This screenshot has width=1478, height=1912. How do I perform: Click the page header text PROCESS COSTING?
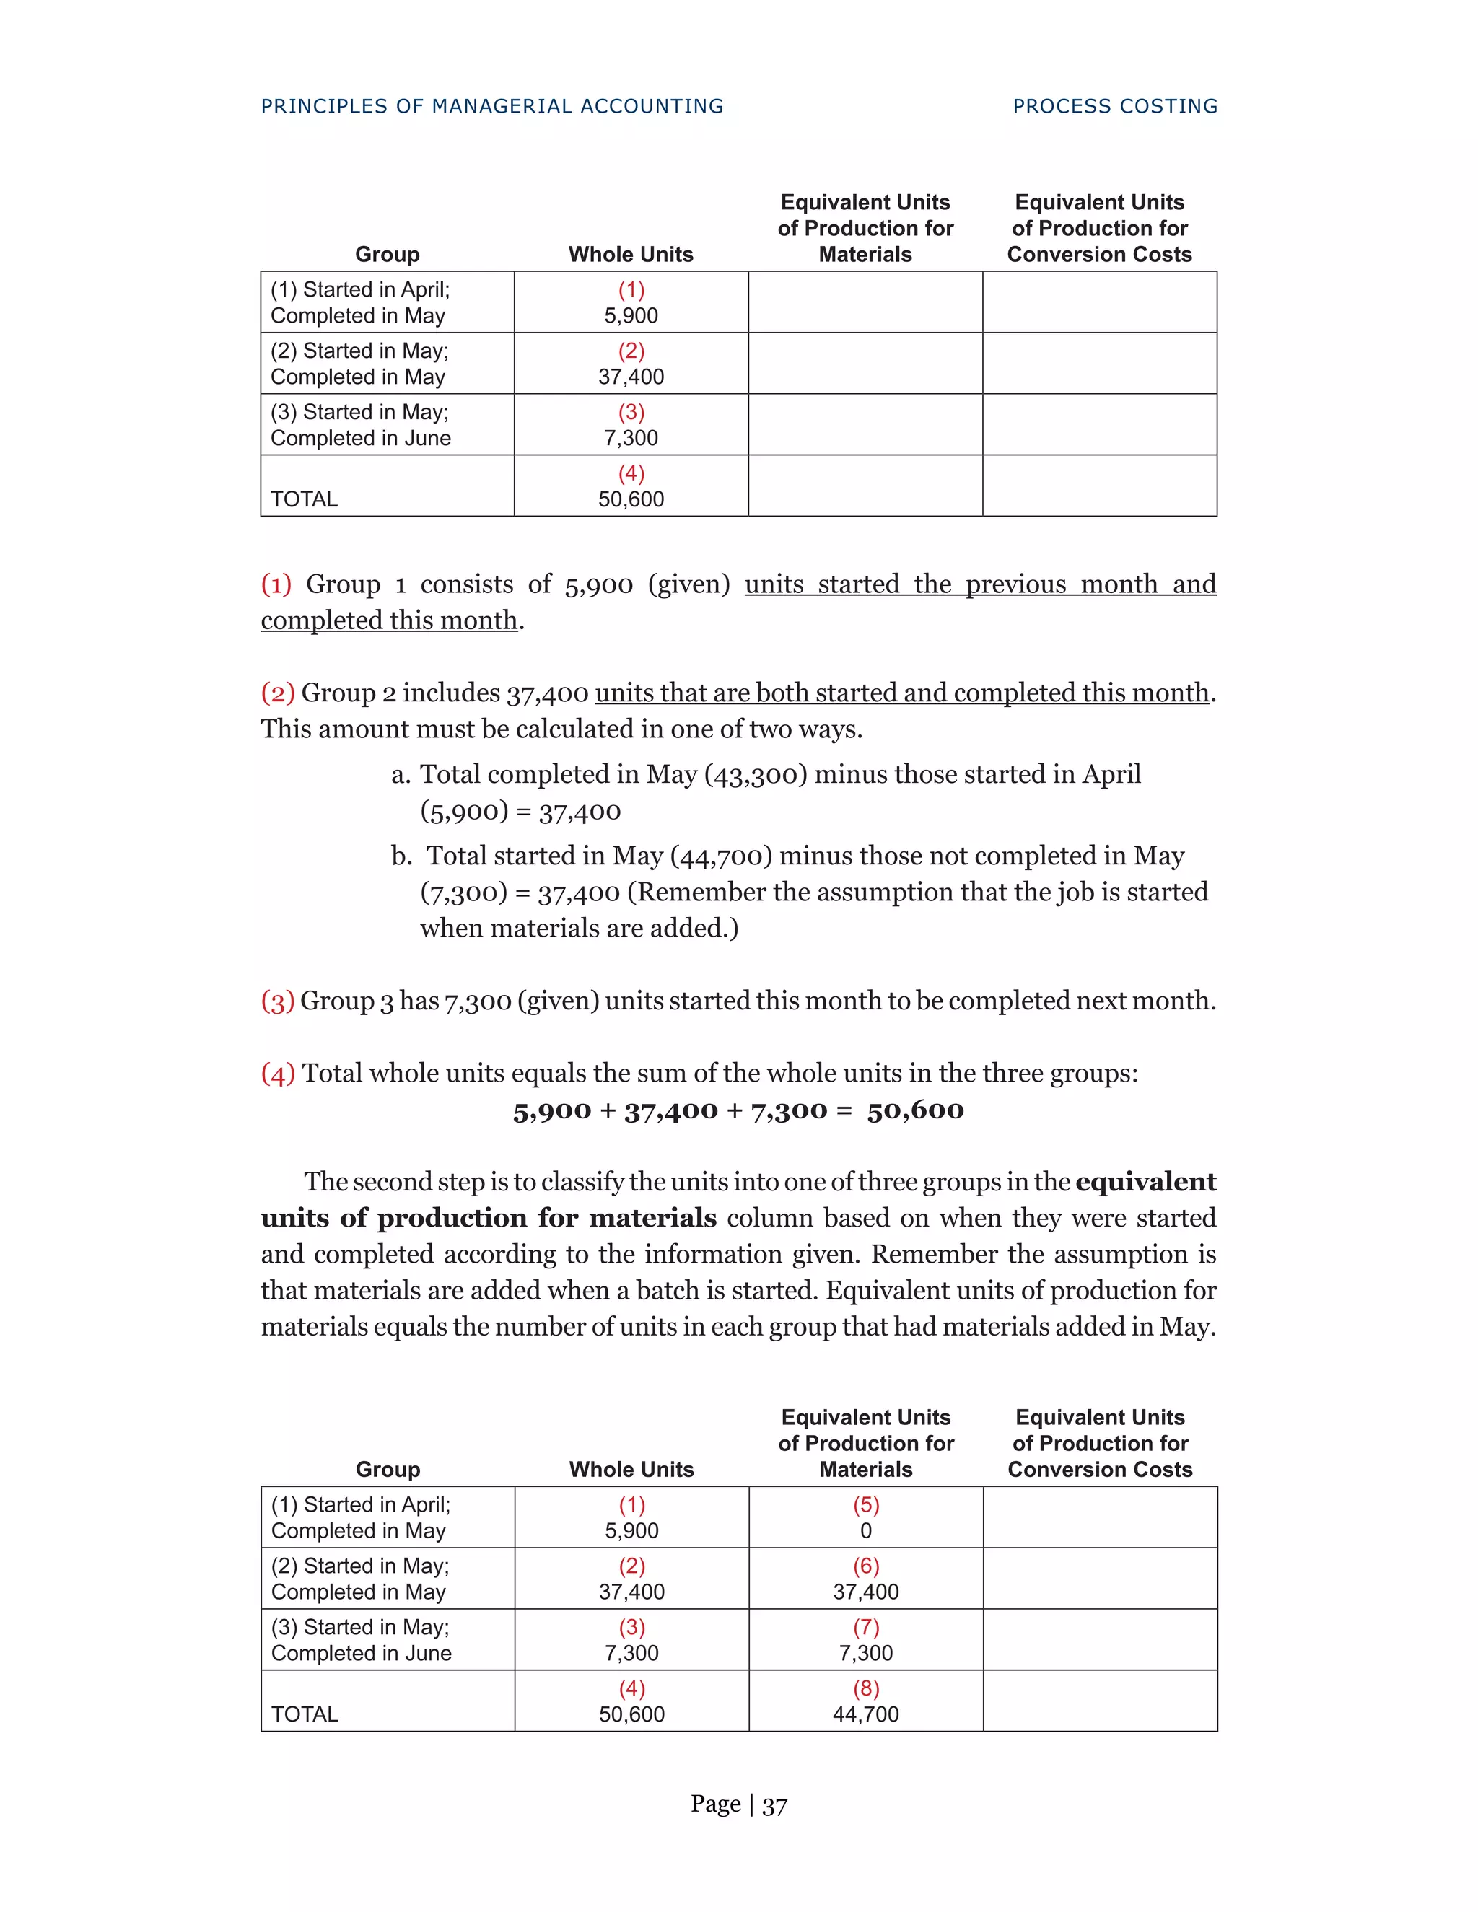point(1114,106)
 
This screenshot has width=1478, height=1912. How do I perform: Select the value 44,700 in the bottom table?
point(865,1714)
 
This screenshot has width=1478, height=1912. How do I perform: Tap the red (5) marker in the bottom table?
point(865,1505)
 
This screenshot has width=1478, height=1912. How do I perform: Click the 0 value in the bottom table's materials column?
point(865,1531)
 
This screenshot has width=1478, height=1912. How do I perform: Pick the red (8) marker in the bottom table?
point(865,1689)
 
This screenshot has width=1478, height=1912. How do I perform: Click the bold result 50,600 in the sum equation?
point(915,1110)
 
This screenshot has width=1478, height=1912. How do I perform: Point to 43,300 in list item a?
point(755,775)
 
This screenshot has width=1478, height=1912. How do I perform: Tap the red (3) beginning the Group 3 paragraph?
point(276,1001)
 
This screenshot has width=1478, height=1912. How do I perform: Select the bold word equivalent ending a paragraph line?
point(1145,1182)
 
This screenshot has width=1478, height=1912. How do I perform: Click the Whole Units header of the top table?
point(631,255)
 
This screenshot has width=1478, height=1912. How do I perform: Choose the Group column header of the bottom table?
point(387,1470)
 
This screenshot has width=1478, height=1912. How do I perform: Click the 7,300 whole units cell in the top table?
point(631,438)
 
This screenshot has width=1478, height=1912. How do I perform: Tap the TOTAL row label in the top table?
point(304,499)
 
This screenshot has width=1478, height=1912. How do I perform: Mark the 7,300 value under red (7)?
point(865,1653)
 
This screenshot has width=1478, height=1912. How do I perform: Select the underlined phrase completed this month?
point(389,620)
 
